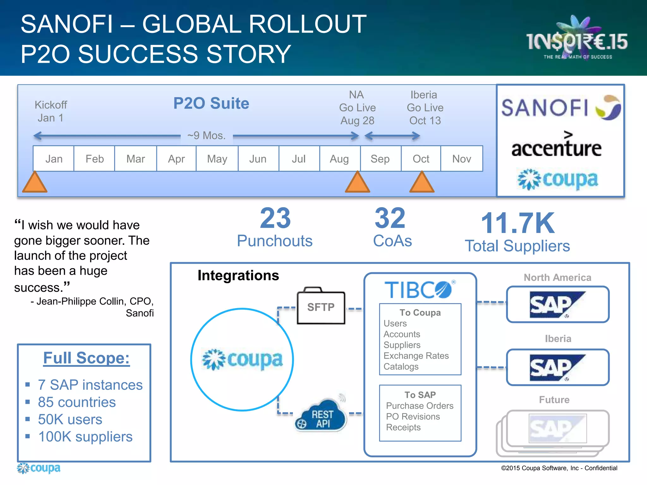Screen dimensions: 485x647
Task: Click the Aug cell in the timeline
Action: (x=340, y=159)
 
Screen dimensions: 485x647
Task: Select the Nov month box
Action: (x=462, y=159)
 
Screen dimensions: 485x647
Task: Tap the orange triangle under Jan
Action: (x=35, y=183)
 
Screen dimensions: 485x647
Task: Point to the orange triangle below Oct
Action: (x=422, y=183)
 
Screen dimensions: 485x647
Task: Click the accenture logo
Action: (x=557, y=147)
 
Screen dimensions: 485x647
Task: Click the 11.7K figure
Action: (x=517, y=223)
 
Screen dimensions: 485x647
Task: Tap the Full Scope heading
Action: (x=86, y=358)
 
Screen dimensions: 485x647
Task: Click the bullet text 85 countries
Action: (x=77, y=402)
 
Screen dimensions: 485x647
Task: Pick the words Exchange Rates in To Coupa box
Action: (x=416, y=356)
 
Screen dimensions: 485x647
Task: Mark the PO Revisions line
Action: (x=413, y=416)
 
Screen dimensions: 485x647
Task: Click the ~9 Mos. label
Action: (x=207, y=135)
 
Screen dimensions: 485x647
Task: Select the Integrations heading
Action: (x=238, y=275)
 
